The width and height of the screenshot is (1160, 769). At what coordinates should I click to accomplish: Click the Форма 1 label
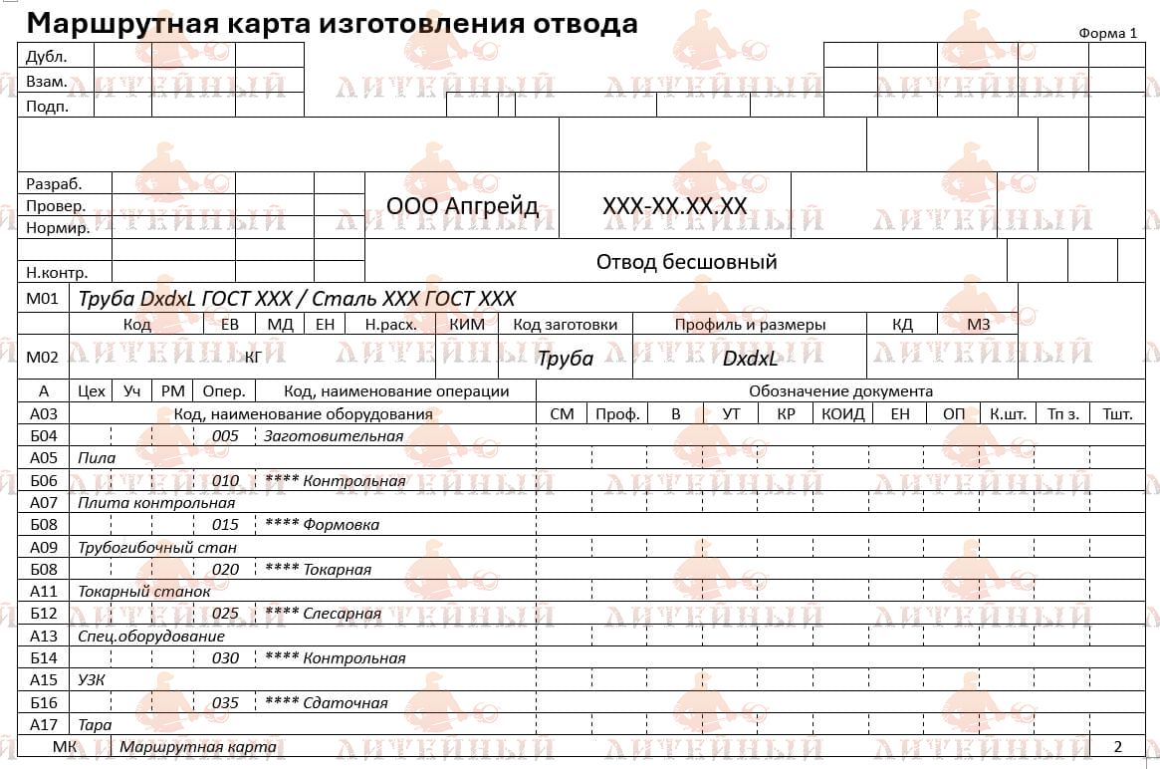tap(1107, 33)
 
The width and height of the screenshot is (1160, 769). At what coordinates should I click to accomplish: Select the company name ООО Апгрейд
tap(462, 206)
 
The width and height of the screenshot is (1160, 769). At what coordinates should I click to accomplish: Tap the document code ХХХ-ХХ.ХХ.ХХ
tap(674, 206)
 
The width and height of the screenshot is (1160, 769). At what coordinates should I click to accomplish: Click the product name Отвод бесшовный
tap(686, 262)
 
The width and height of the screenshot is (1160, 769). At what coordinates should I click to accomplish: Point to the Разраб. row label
tap(54, 183)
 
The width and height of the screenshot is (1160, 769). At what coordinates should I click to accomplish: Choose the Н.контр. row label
tap(57, 272)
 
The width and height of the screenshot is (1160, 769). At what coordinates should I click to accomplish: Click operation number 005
tap(226, 436)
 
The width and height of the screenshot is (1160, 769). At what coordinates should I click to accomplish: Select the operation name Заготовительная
tap(334, 436)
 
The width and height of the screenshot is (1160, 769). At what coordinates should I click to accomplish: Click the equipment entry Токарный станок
tap(144, 591)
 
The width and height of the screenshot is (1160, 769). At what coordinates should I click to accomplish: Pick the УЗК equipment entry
tap(92, 679)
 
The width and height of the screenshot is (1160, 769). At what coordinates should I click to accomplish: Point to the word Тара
tap(95, 724)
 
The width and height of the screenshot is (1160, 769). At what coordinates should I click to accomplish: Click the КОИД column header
tap(842, 413)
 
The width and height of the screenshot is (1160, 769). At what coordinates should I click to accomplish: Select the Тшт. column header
tap(1117, 413)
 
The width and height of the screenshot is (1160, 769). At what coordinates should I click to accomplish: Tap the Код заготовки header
tap(565, 325)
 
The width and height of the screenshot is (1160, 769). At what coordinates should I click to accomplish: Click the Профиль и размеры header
tap(750, 325)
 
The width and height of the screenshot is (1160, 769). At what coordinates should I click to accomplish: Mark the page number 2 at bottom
tap(1117, 746)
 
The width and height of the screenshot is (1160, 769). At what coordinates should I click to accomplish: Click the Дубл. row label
tap(47, 57)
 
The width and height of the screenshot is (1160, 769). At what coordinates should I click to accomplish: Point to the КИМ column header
tap(467, 325)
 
